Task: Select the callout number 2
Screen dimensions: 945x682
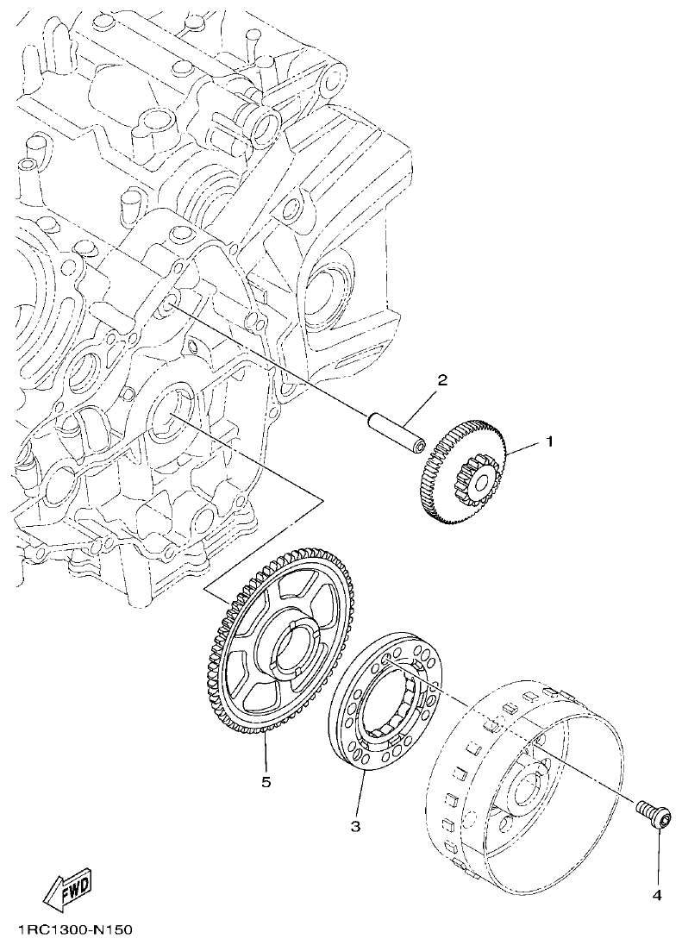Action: [x=441, y=380]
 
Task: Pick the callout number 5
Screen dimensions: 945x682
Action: [x=266, y=782]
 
